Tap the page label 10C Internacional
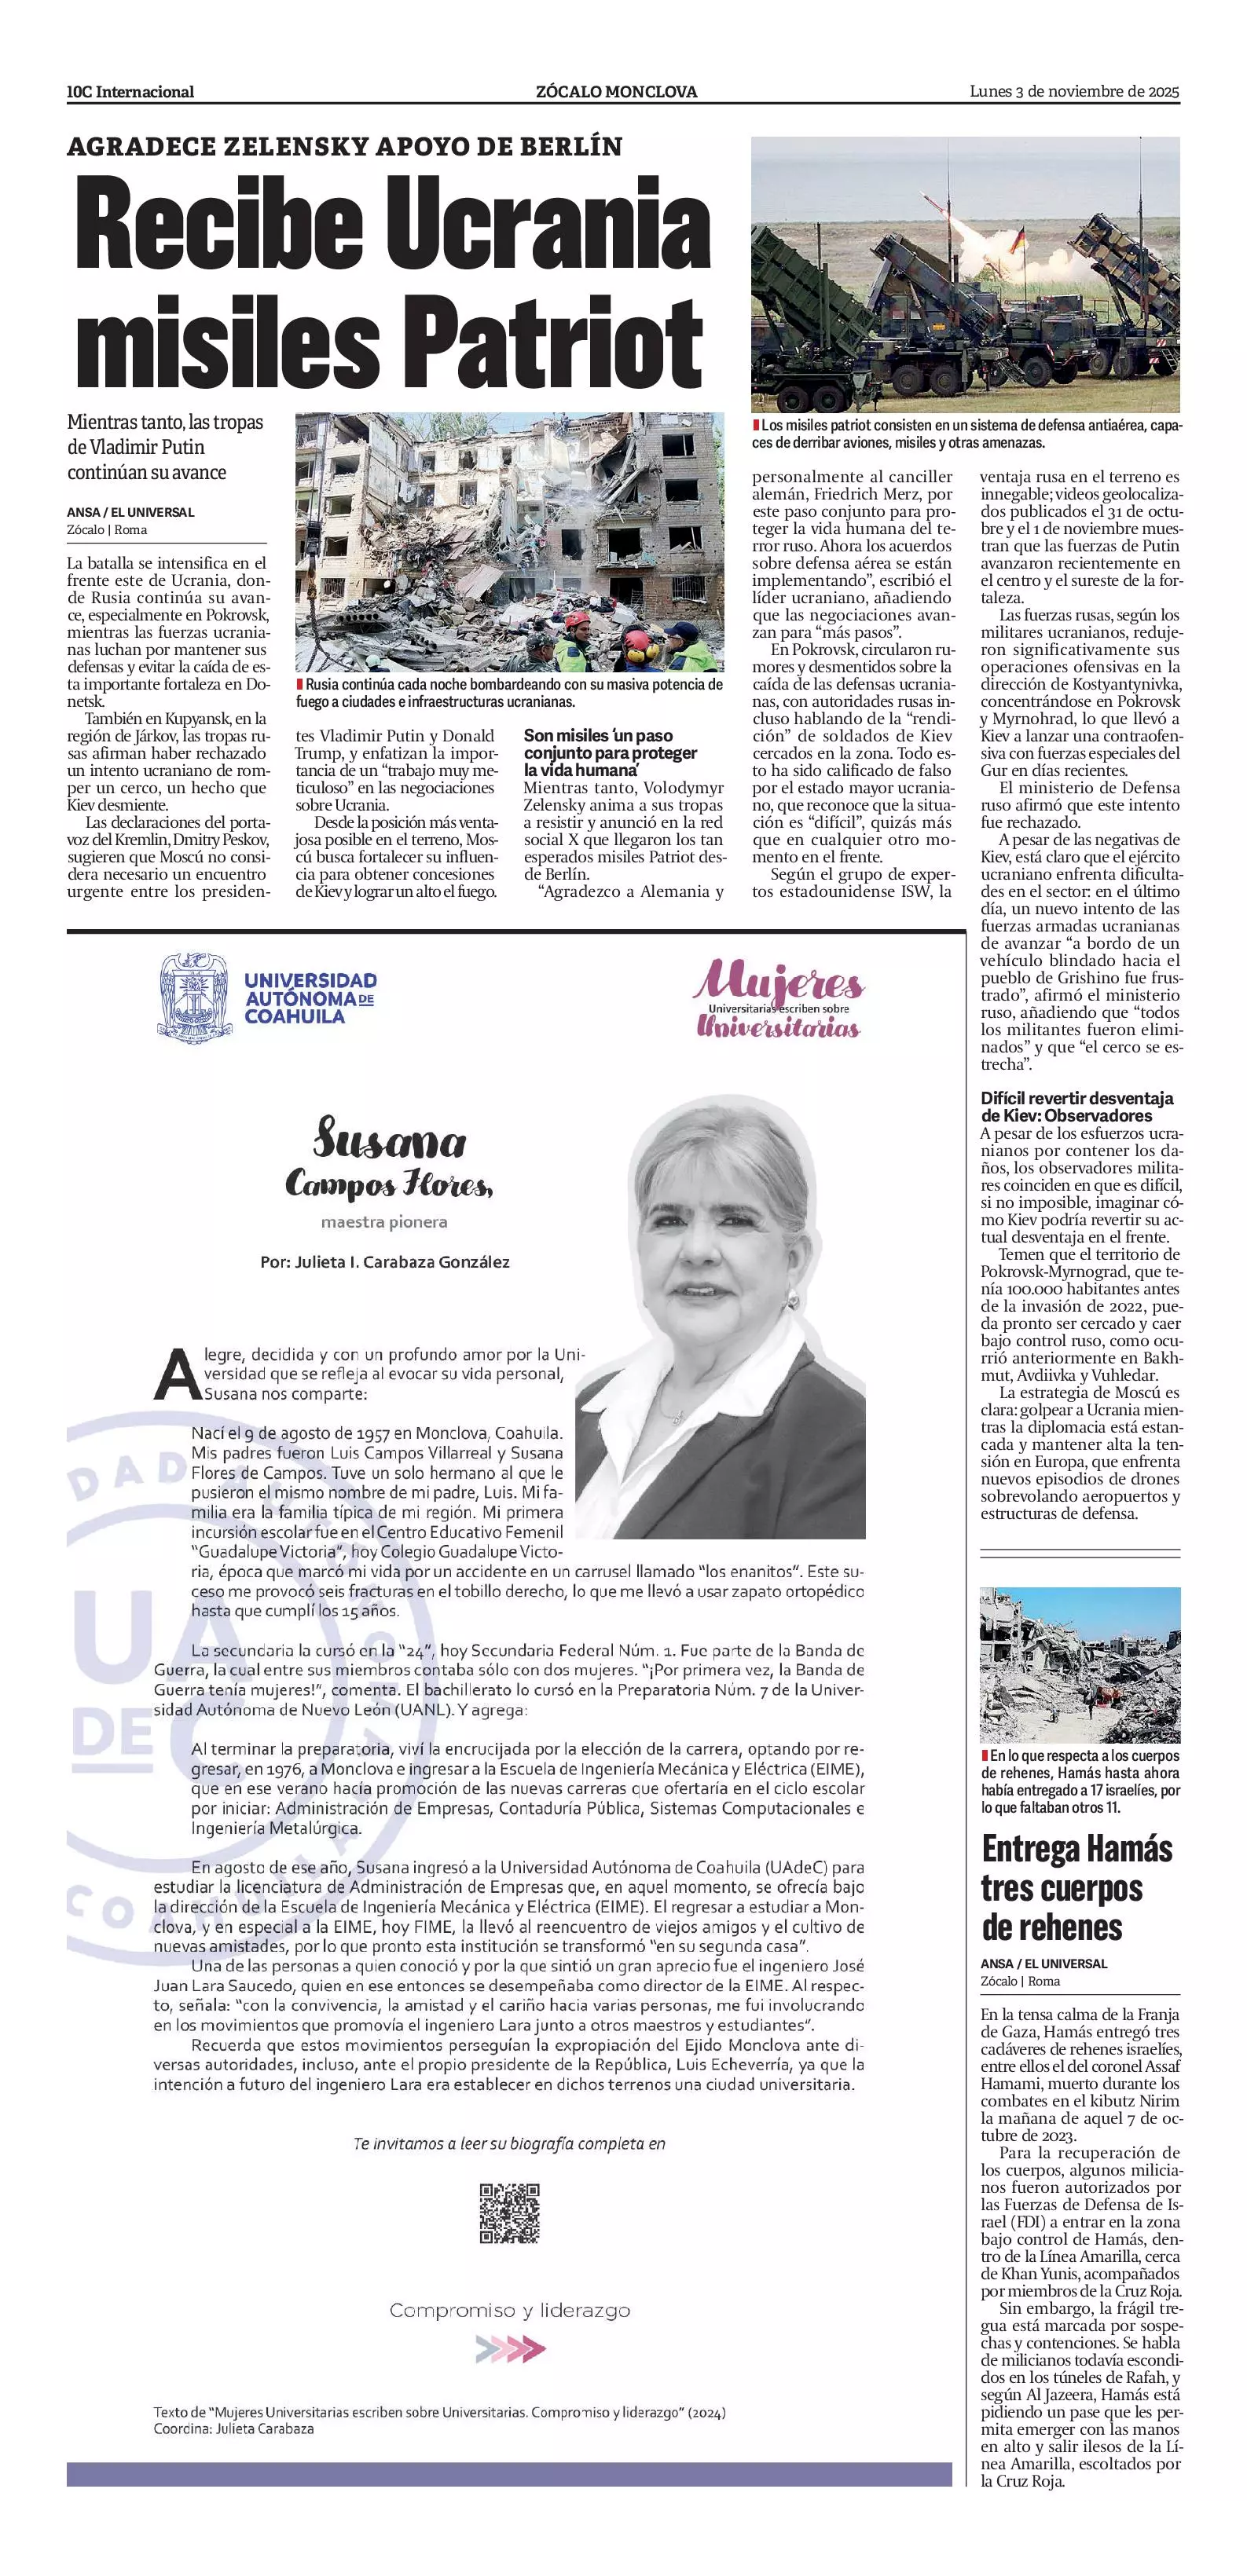[x=130, y=92]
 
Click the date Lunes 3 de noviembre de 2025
[x=1074, y=92]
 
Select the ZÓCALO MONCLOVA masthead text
[x=615, y=92]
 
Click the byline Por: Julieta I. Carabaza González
[x=385, y=1262]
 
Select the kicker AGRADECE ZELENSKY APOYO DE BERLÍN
[x=345, y=147]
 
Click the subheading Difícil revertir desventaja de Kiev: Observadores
[x=1076, y=1107]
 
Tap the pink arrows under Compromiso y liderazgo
[x=510, y=2348]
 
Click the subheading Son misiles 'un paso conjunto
[x=610, y=753]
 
